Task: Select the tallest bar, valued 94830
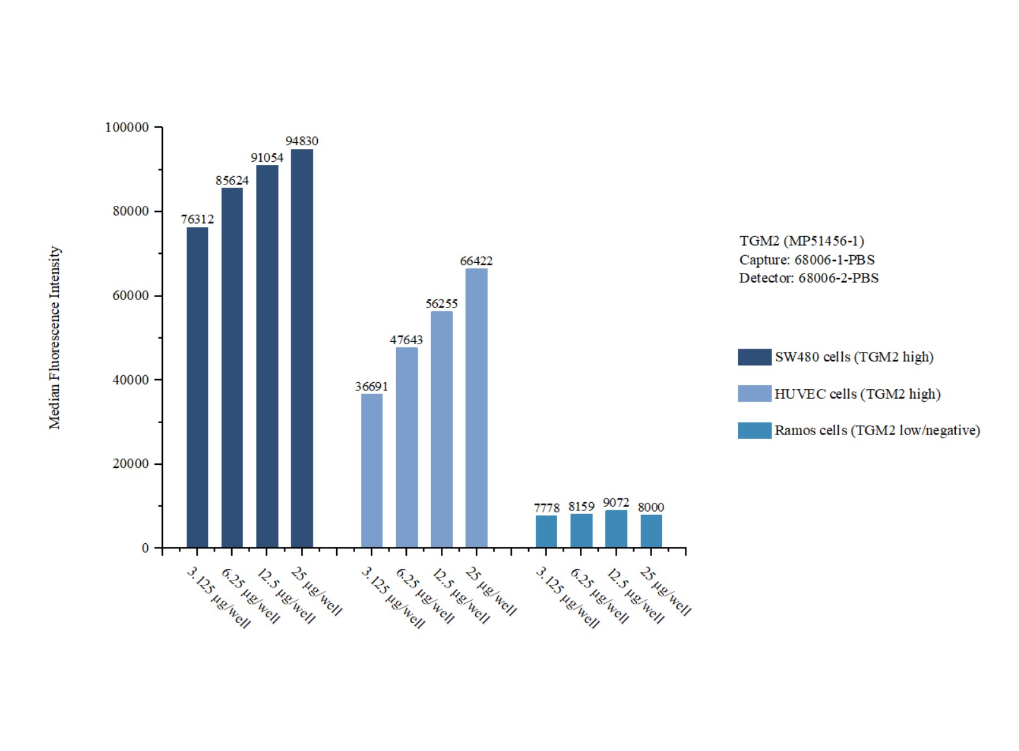pyautogui.click(x=302, y=348)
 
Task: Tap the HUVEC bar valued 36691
pyautogui.click(x=371, y=471)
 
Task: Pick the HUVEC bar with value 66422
pyautogui.click(x=476, y=407)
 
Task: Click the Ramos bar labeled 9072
pyautogui.click(x=616, y=529)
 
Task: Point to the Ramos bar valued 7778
pyautogui.click(x=546, y=531)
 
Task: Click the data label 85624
pyautogui.click(x=232, y=181)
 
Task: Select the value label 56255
pyautogui.click(x=442, y=304)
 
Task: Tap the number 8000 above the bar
pyautogui.click(x=651, y=507)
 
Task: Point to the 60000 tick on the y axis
pyautogui.click(x=131, y=296)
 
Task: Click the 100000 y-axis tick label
pyautogui.click(x=127, y=128)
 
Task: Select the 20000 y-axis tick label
pyautogui.click(x=131, y=464)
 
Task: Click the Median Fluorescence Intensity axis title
pyautogui.click(x=55, y=338)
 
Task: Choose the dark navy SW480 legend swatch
pyautogui.click(x=754, y=357)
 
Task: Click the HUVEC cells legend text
pyautogui.click(x=857, y=394)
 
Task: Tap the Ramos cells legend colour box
pyautogui.click(x=754, y=431)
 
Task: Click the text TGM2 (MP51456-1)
pyautogui.click(x=802, y=241)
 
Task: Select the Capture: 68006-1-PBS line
pyautogui.click(x=807, y=260)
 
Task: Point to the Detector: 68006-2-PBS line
pyautogui.click(x=809, y=278)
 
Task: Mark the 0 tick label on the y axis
pyautogui.click(x=145, y=548)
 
